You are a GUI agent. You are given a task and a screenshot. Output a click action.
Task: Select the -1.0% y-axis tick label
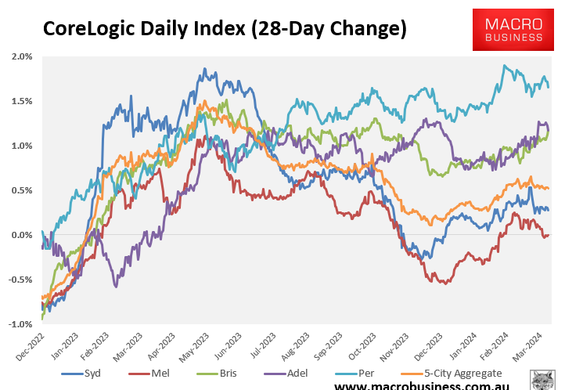(21, 324)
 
